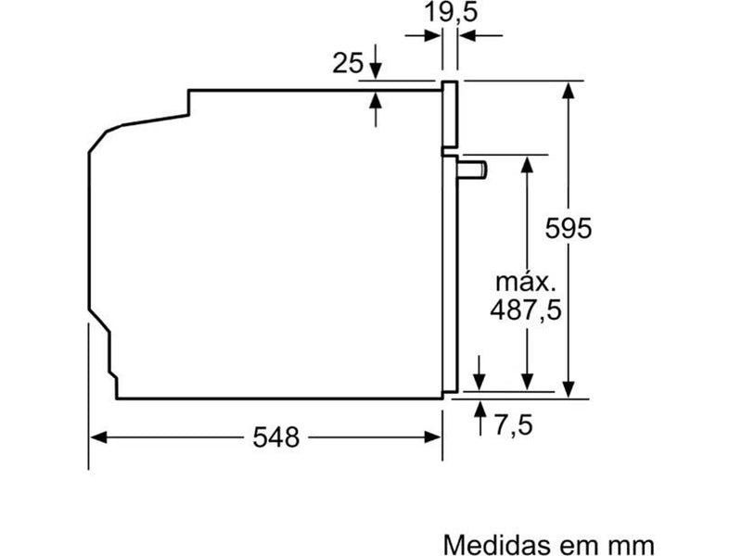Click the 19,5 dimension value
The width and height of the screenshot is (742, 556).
coord(451,12)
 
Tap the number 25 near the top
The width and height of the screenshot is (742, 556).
coord(348,63)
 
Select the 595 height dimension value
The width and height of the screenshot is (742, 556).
coord(568,228)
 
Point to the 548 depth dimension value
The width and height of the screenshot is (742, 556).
coord(275,437)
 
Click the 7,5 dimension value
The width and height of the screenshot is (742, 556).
coord(514,424)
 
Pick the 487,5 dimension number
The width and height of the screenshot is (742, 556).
coord(526,310)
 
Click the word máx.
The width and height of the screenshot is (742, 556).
coord(525,283)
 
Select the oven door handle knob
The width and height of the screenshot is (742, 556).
coord(472,171)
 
